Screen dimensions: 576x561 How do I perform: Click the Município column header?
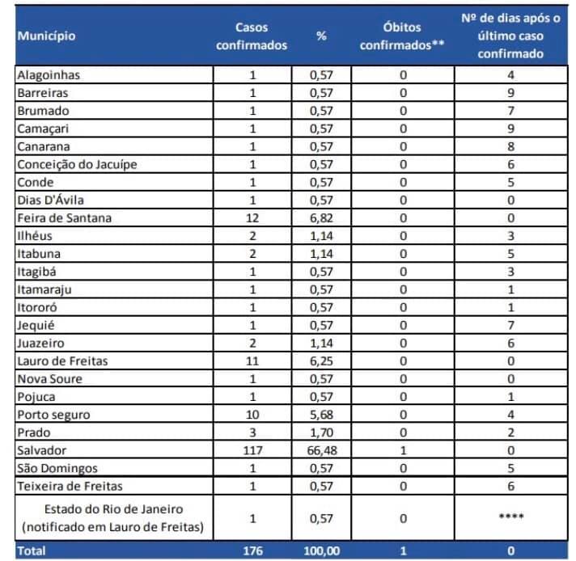coord(46,36)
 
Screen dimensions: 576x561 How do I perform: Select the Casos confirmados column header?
coord(252,36)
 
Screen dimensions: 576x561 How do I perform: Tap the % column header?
coord(321,36)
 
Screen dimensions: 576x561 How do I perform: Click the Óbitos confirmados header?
coord(402,36)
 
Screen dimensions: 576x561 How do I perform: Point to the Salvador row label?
coord(42,450)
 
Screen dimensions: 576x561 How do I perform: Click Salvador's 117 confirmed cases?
coord(252,450)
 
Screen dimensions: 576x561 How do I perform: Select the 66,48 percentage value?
coord(322,450)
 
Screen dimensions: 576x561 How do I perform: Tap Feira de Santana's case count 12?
coord(252,218)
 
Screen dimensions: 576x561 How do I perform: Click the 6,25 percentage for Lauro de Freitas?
coord(321,361)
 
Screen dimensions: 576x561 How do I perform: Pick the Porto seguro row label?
coord(53,415)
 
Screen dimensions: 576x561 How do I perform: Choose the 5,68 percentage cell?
coord(321,415)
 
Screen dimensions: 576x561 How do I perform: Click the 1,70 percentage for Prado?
coord(321,432)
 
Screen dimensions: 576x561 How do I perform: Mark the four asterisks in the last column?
coord(511,517)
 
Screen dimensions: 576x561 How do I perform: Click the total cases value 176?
coord(252,550)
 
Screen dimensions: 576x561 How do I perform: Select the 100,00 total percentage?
coord(322,551)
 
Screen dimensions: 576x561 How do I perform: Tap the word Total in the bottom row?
coord(32,550)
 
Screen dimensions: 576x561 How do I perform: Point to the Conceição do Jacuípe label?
coord(77,164)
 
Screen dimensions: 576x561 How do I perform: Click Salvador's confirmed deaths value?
coord(403,450)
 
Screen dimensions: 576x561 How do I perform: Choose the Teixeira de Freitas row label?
coord(70,486)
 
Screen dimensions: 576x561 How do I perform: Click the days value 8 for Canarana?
coord(511,146)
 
